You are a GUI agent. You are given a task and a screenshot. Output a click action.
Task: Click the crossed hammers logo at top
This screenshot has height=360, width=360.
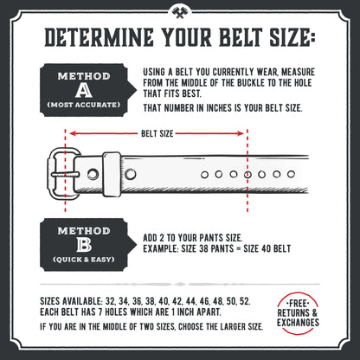coord(179,11)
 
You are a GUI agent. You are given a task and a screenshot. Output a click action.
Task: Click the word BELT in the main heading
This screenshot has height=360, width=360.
coord(234,38)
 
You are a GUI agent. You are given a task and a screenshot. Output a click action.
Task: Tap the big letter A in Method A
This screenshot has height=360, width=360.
coord(84,91)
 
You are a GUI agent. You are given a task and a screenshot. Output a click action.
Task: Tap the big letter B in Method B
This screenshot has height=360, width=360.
coord(84,246)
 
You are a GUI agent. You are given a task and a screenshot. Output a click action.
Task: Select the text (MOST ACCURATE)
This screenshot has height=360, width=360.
coord(84,106)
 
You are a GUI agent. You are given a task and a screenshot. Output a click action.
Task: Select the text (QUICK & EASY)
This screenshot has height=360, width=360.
coord(84,260)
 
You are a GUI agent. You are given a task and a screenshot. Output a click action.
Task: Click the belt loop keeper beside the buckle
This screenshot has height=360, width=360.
coord(111,173)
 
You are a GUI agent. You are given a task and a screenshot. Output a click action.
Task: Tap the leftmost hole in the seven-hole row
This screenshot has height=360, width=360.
coord(204,174)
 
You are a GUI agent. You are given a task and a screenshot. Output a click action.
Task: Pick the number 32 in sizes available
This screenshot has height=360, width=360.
coord(110,297)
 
